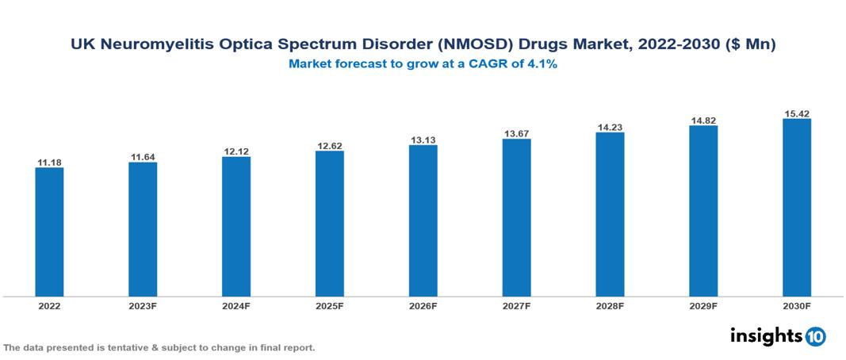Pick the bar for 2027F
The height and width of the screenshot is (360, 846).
516,218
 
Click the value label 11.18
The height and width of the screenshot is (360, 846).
49,163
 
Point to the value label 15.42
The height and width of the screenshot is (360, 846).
796,114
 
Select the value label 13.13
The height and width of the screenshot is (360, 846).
423,140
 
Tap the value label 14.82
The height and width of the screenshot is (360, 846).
703,121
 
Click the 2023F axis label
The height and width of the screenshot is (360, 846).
143,305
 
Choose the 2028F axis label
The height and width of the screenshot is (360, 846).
610,305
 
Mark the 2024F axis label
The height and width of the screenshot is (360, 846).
236,305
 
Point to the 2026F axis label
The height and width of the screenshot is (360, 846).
423,305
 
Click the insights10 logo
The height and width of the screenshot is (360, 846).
777,336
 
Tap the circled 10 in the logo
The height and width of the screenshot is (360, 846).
816,337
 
